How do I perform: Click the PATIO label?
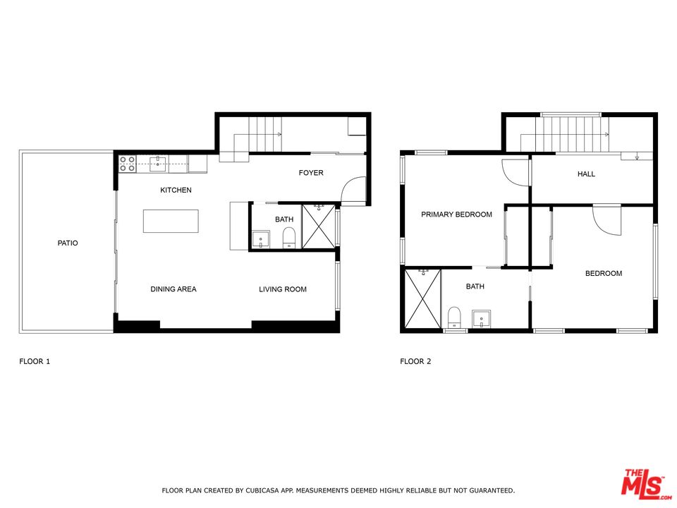[x=68, y=243]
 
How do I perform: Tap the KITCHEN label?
[x=176, y=190]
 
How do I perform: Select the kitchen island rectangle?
[x=171, y=221]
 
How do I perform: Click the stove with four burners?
[x=128, y=164]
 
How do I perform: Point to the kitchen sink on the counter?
[x=159, y=164]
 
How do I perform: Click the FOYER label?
[x=311, y=173]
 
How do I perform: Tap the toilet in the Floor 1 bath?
[x=288, y=238]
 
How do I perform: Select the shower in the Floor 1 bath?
[x=319, y=226]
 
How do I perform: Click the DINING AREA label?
[x=173, y=289]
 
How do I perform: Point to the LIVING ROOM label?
[x=282, y=289]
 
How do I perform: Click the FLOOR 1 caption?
[x=35, y=362]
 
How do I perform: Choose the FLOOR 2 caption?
[x=415, y=362]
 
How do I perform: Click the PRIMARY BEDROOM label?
[x=456, y=214]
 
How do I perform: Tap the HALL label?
[x=586, y=174]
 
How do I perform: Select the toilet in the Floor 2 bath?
[x=455, y=317]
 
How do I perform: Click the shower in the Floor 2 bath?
[x=422, y=299]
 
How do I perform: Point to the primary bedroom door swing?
[x=516, y=173]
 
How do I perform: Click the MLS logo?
[x=643, y=483]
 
